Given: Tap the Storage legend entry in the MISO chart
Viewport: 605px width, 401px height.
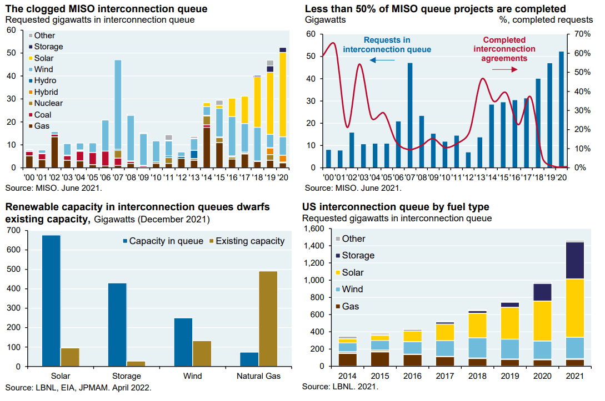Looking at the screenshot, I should pos(48,47).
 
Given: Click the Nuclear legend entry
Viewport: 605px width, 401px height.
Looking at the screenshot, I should pos(48,103).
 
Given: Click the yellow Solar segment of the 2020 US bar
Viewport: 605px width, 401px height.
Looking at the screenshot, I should pos(543,321).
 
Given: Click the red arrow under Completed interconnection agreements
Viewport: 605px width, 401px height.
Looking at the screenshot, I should pos(505,69).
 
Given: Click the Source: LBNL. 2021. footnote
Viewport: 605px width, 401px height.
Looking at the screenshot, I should pos(340,387).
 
